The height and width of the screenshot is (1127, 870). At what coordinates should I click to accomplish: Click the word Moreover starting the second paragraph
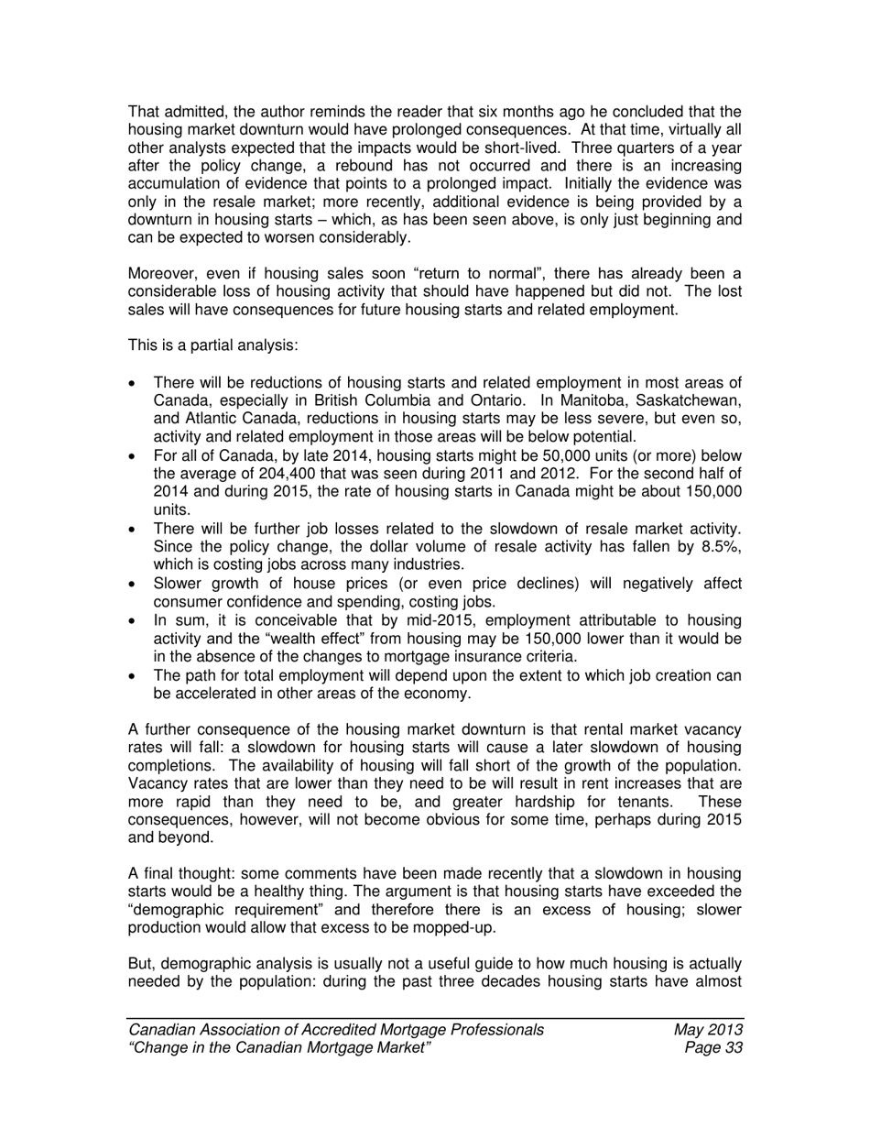tap(161, 275)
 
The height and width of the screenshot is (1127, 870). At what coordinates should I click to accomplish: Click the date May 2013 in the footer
tap(707, 1030)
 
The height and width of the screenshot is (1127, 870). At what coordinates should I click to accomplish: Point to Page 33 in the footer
tap(712, 1048)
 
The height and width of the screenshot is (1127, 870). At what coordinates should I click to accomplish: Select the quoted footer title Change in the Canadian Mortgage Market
tap(280, 1048)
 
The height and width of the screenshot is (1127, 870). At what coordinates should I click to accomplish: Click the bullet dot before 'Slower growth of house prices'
tap(136, 585)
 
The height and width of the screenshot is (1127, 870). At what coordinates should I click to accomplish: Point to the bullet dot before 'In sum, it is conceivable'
tap(136, 621)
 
